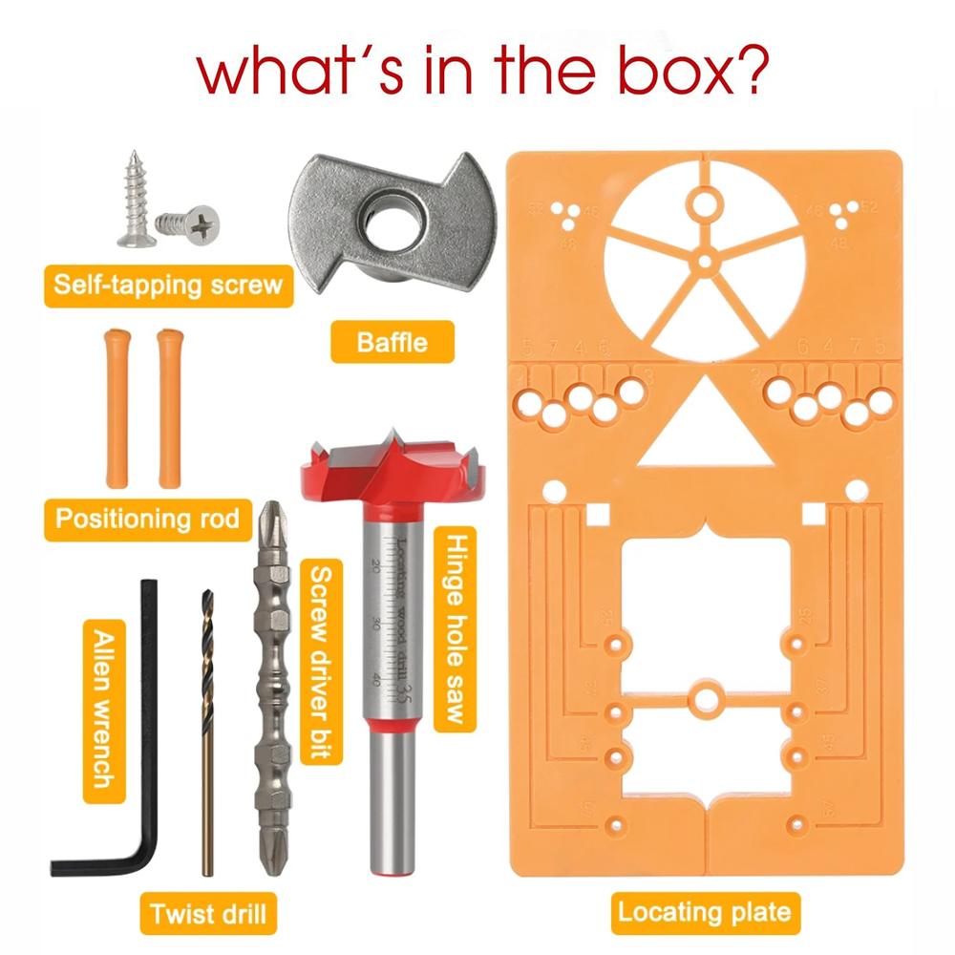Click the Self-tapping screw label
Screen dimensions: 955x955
pos(168,284)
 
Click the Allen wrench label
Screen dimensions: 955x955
pos(102,708)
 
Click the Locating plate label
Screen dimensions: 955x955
pos(705,912)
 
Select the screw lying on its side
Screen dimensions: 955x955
pos(191,225)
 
